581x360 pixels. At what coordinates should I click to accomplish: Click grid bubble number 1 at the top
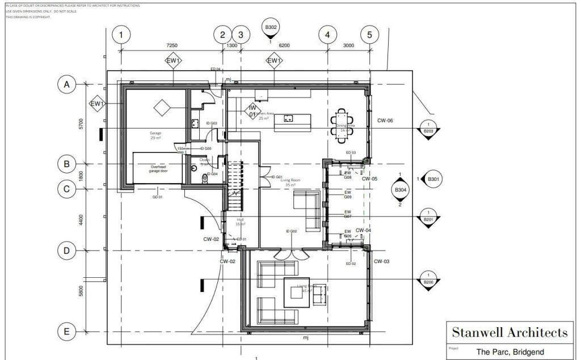click(x=121, y=35)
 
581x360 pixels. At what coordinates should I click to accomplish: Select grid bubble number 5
click(x=369, y=35)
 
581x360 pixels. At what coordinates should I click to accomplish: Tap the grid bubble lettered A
click(x=66, y=85)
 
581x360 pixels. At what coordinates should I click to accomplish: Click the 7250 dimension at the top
click(x=171, y=45)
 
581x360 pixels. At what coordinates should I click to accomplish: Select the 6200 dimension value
click(x=284, y=45)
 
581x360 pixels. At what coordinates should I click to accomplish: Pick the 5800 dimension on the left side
click(x=81, y=291)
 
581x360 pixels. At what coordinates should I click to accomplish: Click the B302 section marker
click(x=271, y=27)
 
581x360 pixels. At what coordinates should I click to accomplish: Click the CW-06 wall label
click(x=386, y=121)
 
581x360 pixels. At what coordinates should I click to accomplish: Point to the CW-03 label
click(x=382, y=261)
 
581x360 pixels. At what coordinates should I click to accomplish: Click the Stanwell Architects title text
click(x=509, y=332)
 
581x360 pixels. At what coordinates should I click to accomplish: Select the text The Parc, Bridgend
click(x=510, y=352)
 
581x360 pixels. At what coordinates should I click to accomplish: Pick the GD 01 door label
click(x=157, y=197)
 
